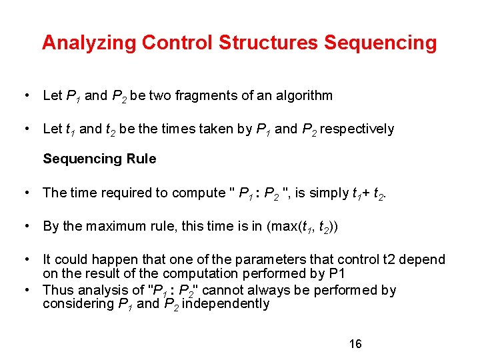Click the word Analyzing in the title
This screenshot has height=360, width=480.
coord(91,43)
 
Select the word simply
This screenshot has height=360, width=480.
coord(329,193)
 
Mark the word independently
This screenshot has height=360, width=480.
coord(225,305)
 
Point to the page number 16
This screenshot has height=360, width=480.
coord(355,344)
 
